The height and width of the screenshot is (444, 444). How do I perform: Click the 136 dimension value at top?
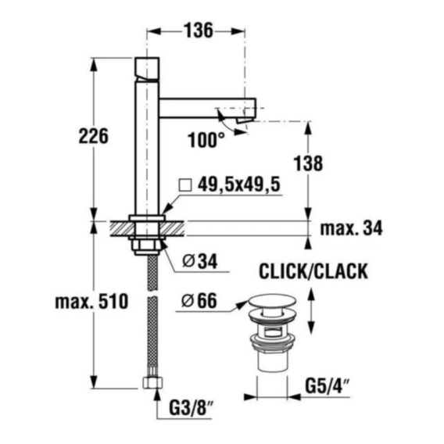[199, 30]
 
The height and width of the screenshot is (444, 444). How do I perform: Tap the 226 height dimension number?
[94, 136]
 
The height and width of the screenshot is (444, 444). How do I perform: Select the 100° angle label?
[206, 140]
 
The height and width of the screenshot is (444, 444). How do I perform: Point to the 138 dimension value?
[308, 163]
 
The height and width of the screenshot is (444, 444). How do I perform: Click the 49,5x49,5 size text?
[238, 184]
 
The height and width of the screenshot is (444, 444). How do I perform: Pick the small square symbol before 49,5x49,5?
[185, 185]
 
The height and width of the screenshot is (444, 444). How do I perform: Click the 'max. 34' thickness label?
[351, 228]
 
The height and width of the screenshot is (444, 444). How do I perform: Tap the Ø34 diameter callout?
[200, 261]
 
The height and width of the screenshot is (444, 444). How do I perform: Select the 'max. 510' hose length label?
[91, 302]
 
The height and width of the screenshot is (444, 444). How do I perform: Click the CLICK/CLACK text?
[313, 271]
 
